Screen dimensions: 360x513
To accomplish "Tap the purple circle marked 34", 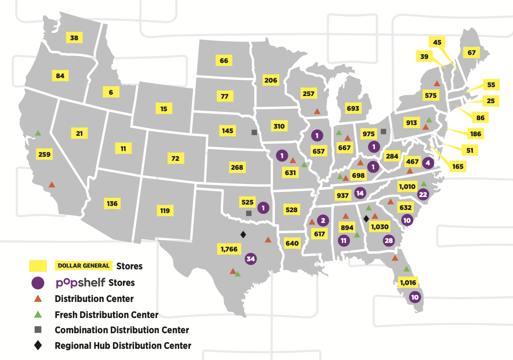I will click(251, 259).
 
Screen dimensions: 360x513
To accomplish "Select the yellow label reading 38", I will click(74, 38).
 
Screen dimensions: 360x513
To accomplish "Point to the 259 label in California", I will click(45, 155).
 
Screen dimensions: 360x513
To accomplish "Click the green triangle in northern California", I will click(38, 133).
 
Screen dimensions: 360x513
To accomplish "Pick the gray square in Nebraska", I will click(254, 132).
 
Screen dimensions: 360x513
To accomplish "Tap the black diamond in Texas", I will click(243, 234).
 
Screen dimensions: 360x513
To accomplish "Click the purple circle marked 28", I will click(388, 241).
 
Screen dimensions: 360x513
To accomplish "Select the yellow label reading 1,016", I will click(408, 282).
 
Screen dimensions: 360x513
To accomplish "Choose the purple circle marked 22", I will click(423, 194).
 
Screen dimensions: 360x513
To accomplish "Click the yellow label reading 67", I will click(471, 53).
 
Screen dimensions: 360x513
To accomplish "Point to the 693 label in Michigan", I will click(353, 109).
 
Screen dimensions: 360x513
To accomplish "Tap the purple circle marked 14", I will click(360, 193).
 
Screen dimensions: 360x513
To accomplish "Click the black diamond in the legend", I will click(38, 345).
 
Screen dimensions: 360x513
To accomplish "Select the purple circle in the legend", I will click(38, 283).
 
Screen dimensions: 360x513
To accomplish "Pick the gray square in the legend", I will click(38, 330).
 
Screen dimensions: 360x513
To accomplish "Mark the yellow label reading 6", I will click(111, 92).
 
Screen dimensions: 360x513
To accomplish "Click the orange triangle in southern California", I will click(52, 184).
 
